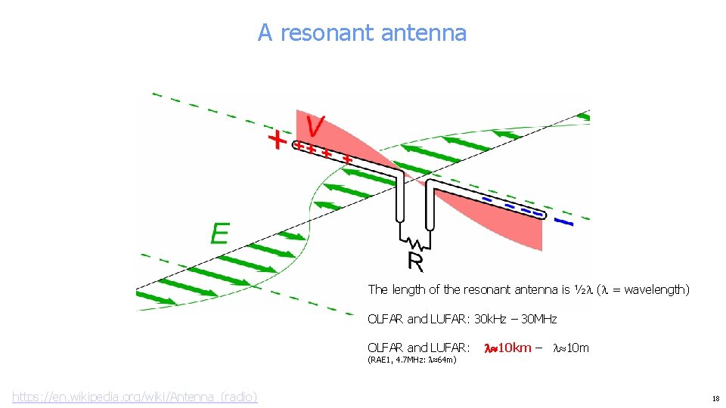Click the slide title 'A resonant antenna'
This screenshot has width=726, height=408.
pyautogui.click(x=361, y=33)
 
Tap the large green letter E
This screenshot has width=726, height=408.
pyautogui.click(x=219, y=233)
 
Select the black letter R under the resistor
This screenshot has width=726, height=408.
pyautogui.click(x=415, y=261)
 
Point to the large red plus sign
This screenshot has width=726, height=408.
pyautogui.click(x=279, y=140)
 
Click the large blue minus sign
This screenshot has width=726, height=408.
pyautogui.click(x=563, y=222)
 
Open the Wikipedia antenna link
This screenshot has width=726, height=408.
pyautogui.click(x=135, y=396)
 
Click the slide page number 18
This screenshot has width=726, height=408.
pyautogui.click(x=715, y=397)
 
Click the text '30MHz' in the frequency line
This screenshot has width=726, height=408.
pyautogui.click(x=539, y=319)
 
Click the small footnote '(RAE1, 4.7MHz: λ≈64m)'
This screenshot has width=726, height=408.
pyautogui.click(x=411, y=360)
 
